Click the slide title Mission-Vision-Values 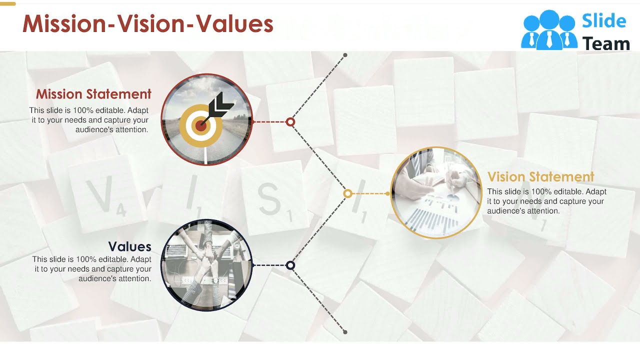147,24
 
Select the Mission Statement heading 93,94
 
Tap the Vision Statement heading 540,177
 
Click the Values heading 129,246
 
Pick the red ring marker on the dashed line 290,121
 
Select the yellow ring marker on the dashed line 348,193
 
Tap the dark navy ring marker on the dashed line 290,265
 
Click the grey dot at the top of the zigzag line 345,55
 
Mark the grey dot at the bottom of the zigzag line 345,331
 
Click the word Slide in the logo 603,21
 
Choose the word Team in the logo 606,44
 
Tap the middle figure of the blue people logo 549,30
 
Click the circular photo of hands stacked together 206,265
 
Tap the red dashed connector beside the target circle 270,121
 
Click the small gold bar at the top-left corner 8,3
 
